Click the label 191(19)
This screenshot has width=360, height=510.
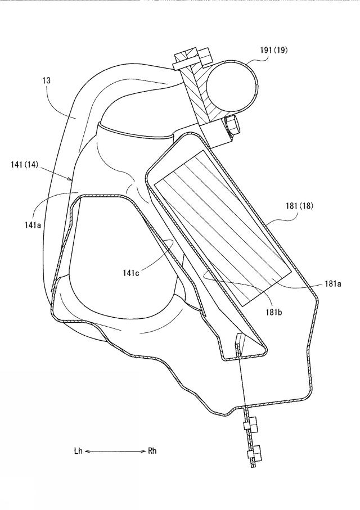coord(274,50)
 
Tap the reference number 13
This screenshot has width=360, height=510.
coord(47,80)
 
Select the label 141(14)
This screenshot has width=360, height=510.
coord(24,165)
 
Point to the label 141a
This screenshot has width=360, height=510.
coord(33,224)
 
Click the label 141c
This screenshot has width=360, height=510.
coord(131,273)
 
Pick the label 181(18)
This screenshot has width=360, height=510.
coord(299,206)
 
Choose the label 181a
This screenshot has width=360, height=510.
coord(332,283)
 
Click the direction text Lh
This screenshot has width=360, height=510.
coord(78,451)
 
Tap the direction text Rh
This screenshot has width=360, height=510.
coord(152,451)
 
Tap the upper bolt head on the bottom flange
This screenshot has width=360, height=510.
coord(251,425)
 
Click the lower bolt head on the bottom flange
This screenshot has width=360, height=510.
coord(255,454)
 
